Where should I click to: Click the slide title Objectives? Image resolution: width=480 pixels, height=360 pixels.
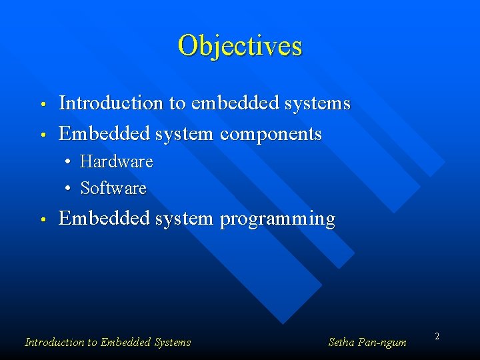[240, 46]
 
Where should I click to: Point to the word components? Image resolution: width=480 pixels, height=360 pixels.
[271, 134]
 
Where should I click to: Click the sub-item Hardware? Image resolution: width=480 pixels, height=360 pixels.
[117, 162]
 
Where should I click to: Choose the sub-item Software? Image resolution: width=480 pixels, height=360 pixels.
[113, 189]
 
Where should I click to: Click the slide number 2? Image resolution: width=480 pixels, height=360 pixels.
[437, 337]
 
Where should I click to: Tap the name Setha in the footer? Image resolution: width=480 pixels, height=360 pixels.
[342, 343]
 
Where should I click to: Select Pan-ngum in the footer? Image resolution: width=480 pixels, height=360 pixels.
[383, 343]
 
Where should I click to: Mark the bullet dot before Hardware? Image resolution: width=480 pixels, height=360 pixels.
[69, 162]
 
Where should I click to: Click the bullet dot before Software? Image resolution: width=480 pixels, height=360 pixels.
[69, 189]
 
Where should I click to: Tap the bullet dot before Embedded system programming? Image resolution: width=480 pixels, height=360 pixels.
[41, 219]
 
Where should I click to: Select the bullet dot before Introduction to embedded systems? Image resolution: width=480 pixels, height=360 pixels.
[41, 105]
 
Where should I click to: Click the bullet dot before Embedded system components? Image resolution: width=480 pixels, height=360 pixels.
[41, 135]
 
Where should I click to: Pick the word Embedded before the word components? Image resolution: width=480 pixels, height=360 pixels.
[104, 134]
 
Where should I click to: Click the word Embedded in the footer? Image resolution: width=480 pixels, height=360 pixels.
[125, 343]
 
